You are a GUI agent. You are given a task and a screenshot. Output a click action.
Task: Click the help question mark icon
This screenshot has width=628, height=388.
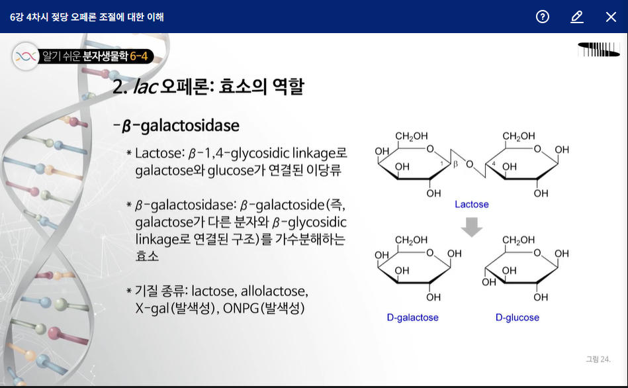(543, 17)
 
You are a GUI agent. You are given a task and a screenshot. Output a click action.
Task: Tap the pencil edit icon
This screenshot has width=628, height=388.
(577, 17)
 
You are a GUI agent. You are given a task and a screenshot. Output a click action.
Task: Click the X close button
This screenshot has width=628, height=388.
(611, 17)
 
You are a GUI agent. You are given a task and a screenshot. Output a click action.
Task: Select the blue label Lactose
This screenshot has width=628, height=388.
(471, 205)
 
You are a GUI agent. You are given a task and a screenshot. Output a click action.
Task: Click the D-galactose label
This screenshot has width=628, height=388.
(413, 318)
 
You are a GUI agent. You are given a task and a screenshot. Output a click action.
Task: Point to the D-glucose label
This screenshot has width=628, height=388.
(517, 318)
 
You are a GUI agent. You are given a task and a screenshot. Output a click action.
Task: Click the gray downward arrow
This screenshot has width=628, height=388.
(472, 227)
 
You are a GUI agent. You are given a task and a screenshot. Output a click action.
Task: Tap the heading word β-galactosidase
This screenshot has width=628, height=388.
(179, 125)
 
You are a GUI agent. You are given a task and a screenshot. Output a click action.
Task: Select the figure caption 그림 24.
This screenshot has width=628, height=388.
(598, 360)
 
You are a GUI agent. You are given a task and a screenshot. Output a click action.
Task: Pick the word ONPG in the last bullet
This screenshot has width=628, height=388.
(241, 308)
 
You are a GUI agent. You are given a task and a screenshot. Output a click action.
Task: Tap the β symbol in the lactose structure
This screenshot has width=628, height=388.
(455, 163)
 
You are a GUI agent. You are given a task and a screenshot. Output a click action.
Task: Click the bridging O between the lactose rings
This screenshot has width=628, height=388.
(469, 164)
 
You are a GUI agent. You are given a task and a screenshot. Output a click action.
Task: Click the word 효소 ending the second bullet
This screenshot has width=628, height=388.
(147, 256)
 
